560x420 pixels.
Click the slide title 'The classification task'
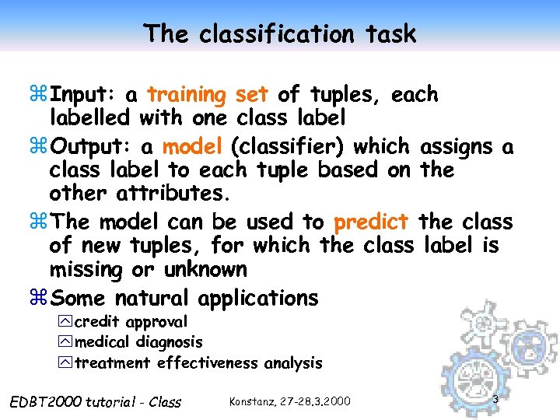pos(280,33)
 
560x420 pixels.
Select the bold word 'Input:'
pos(82,95)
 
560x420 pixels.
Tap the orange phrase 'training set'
pos(208,95)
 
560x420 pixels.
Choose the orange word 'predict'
pos(371,222)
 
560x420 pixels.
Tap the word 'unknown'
pos(205,271)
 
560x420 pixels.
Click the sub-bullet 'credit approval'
pos(131,322)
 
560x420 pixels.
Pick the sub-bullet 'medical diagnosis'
pos(138,342)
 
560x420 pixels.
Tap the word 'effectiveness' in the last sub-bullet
pos(208,362)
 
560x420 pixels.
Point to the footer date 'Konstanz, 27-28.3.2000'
pos(290,401)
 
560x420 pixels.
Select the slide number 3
pos(495,399)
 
